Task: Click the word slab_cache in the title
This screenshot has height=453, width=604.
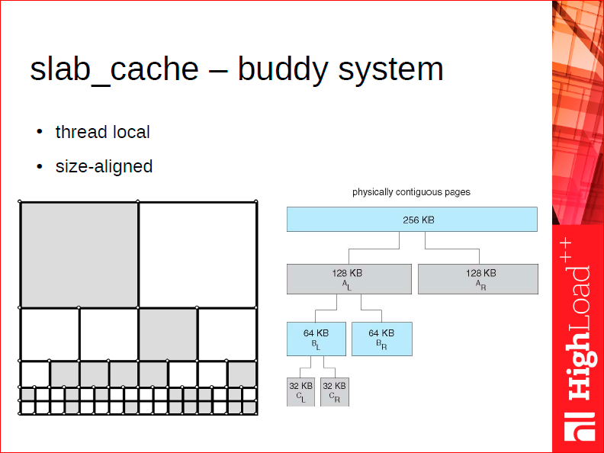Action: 114,70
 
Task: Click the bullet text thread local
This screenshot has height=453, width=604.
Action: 102,132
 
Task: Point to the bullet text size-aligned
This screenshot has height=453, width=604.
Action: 104,166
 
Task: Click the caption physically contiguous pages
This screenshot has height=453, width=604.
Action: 411,192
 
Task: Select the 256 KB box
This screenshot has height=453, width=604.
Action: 412,219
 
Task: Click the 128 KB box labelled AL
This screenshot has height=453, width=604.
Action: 349,279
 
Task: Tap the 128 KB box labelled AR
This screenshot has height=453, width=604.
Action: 478,279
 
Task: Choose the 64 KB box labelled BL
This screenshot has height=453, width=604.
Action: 316,339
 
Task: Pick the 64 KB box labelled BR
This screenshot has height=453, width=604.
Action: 382,339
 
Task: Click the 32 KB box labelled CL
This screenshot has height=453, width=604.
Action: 300,392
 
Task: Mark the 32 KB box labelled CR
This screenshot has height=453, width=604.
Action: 335,392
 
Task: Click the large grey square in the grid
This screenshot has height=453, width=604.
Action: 79,255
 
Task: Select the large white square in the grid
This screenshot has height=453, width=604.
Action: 198,255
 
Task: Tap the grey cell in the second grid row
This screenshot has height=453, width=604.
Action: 168,334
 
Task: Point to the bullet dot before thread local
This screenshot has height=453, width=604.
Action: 40,132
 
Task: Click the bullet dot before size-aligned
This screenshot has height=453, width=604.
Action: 40,166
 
